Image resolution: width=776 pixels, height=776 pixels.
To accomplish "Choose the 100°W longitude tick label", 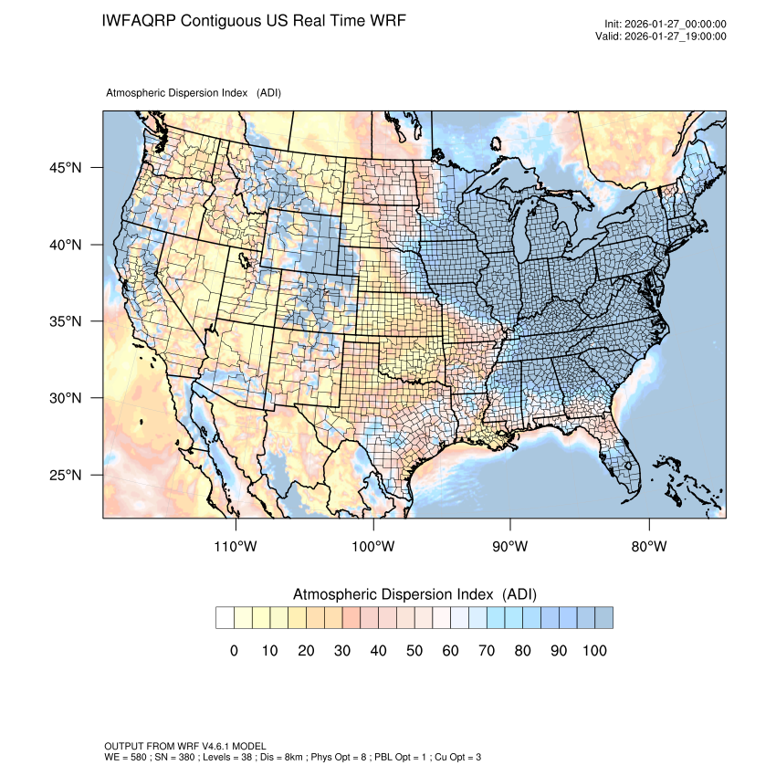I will click(373, 547).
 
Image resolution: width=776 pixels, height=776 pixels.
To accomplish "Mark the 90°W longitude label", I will click(511, 547).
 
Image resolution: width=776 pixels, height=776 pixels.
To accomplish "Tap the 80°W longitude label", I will click(648, 547).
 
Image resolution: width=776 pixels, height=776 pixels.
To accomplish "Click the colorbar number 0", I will click(234, 651).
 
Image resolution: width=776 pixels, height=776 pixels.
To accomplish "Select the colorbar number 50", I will click(414, 651).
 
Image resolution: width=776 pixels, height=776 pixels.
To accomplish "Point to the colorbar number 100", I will click(594, 651).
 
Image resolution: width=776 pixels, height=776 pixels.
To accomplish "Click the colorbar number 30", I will click(341, 651).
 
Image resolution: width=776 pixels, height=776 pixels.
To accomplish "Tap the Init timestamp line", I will click(666, 25).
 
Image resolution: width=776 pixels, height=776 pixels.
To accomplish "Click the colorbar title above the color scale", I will click(414, 594).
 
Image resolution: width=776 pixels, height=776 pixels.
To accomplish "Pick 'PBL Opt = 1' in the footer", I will click(404, 757).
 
